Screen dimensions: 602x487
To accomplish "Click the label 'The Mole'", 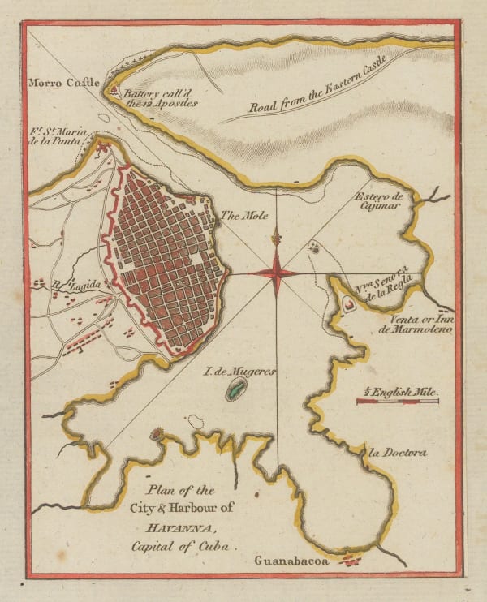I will click(239, 217).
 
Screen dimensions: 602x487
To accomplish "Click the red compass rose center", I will click(277, 273).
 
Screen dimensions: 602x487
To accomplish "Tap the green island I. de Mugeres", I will click(235, 392).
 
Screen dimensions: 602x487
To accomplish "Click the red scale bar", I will click(397, 401).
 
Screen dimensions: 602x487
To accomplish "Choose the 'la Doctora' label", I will click(396, 453).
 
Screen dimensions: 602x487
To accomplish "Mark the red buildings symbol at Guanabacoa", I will click(351, 560).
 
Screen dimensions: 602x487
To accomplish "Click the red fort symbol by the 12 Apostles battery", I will click(114, 91).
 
